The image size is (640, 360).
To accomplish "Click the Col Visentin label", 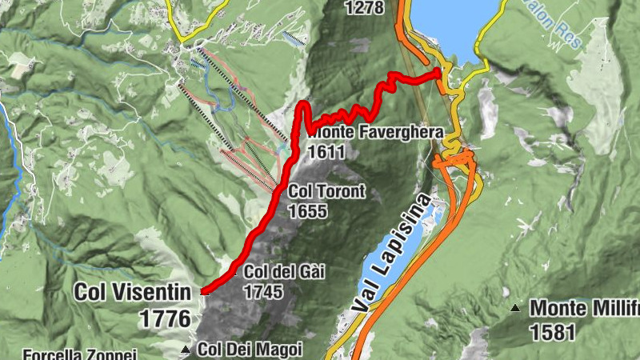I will (133, 292).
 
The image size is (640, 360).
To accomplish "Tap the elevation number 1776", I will (166, 318).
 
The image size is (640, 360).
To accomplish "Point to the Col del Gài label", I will (285, 272).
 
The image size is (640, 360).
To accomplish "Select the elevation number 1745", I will (263, 292).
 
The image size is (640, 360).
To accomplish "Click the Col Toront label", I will (326, 191).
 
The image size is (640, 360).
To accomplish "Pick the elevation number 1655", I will (309, 211).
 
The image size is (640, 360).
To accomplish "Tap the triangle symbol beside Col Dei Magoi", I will (186, 350).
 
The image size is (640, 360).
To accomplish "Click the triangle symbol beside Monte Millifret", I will (517, 307).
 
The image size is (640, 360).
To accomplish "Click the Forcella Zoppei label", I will (80, 354).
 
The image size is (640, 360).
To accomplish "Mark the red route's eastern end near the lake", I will (439, 72).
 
